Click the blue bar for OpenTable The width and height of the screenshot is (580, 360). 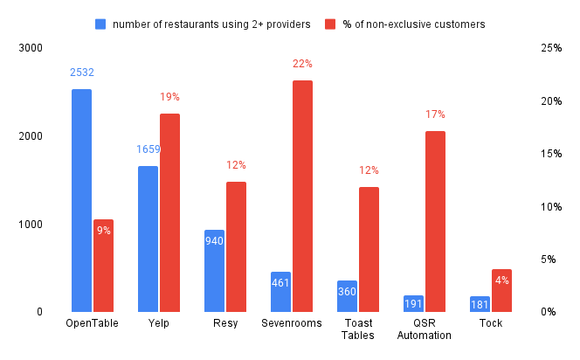point(81,200)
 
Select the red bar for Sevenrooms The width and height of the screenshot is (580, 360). point(302,196)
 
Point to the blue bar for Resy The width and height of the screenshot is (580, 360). point(214,270)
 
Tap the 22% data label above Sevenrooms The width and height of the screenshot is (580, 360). point(302,64)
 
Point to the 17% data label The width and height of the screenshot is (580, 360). point(435,114)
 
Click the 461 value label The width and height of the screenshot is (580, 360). point(280,282)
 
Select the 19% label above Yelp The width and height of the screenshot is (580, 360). point(169,97)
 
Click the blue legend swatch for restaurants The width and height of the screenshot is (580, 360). point(100,24)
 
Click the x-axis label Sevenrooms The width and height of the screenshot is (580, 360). point(291,323)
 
